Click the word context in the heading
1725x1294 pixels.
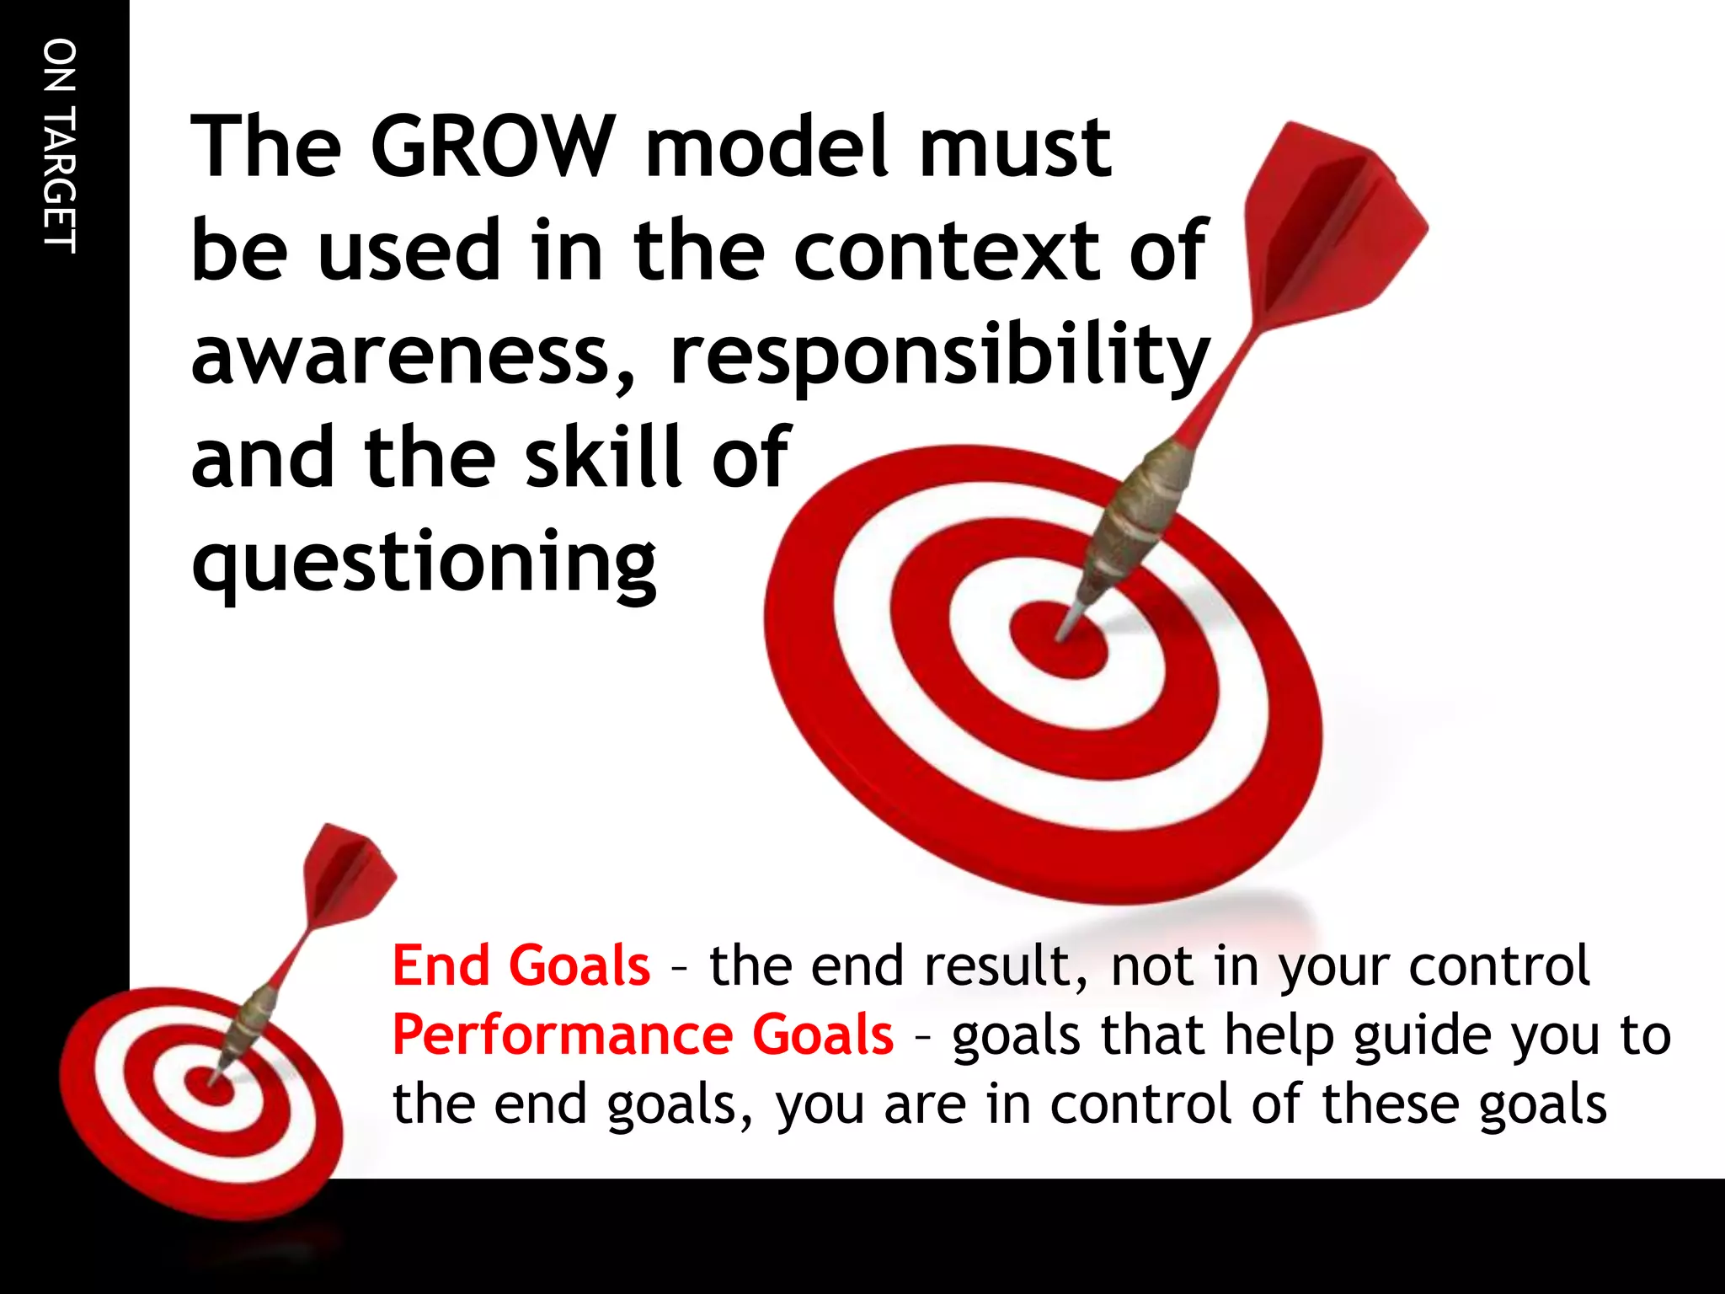pyautogui.click(x=945, y=251)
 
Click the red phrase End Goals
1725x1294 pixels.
pyautogui.click(x=521, y=965)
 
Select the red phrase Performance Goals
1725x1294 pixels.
pyautogui.click(x=643, y=1035)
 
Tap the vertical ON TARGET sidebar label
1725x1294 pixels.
pyautogui.click(x=61, y=145)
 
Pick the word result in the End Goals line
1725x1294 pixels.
pyautogui.click(x=998, y=965)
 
